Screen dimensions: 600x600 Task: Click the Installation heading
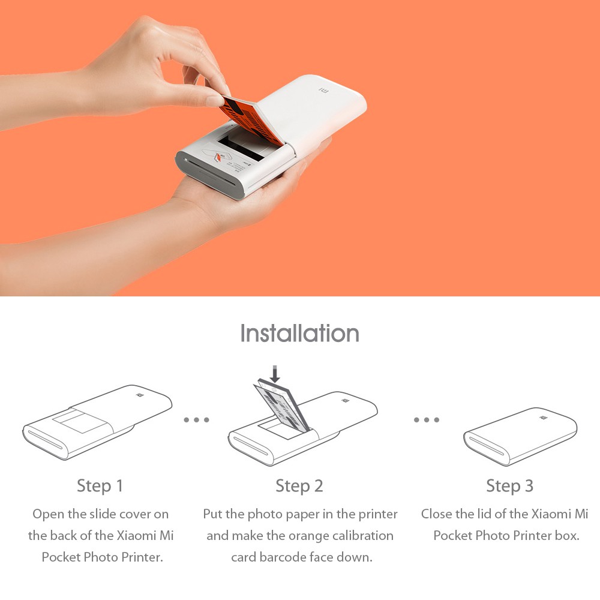[299, 333]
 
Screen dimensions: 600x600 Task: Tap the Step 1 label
[100, 485]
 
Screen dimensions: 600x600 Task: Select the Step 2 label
[299, 485]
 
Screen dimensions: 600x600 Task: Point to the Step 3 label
[509, 485]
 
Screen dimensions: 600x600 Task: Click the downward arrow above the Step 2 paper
[275, 374]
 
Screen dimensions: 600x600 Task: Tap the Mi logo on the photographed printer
[323, 92]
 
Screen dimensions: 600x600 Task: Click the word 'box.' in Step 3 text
[566, 535]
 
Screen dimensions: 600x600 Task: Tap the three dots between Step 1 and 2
[196, 420]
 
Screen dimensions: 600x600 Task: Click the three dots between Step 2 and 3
[426, 420]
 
